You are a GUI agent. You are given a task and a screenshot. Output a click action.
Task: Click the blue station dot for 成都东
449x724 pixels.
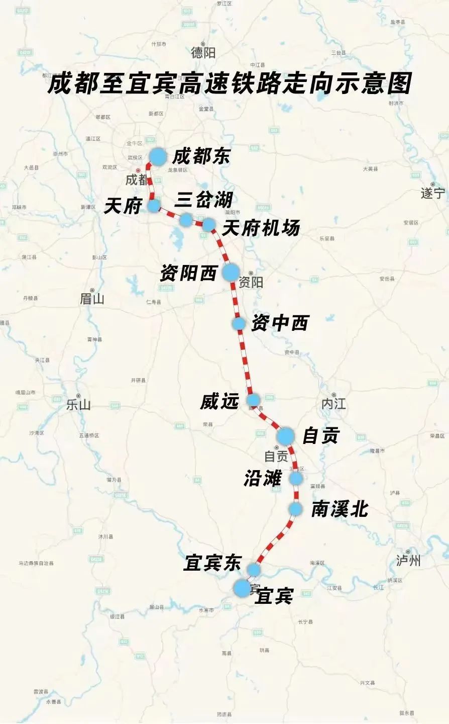157,157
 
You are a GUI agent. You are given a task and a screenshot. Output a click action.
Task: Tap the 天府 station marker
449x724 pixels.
154,205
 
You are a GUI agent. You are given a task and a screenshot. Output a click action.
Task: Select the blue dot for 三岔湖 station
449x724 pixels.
186,219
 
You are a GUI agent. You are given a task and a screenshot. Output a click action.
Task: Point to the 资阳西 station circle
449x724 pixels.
231,272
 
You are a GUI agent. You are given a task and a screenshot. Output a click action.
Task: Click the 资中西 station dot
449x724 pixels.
239,323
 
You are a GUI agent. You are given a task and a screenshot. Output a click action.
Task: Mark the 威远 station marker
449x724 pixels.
254,400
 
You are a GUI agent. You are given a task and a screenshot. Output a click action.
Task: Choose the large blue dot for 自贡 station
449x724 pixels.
285,436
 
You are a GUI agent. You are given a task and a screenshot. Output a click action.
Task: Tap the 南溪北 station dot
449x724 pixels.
295,509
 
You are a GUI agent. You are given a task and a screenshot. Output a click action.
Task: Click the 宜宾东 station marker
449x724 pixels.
254,569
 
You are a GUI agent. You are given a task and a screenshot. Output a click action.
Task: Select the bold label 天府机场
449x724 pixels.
261,228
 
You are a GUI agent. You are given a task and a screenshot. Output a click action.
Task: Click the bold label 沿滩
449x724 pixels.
262,478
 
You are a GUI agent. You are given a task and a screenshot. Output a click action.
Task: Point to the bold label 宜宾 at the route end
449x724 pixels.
274,596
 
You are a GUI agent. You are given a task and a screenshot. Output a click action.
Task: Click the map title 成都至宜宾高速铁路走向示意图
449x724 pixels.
229,83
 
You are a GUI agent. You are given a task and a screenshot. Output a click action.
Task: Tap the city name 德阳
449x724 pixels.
203,52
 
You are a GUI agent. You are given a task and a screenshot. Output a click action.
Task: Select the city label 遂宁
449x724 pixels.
433,193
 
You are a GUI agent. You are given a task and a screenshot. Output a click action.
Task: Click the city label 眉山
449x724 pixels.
92,299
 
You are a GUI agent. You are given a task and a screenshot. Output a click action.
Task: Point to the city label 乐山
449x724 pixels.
79,404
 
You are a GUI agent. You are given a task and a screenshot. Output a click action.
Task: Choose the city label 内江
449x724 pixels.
334,403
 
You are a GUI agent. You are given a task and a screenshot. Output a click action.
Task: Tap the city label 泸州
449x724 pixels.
408,561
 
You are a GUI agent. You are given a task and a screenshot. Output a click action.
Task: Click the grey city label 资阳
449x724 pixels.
251,282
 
